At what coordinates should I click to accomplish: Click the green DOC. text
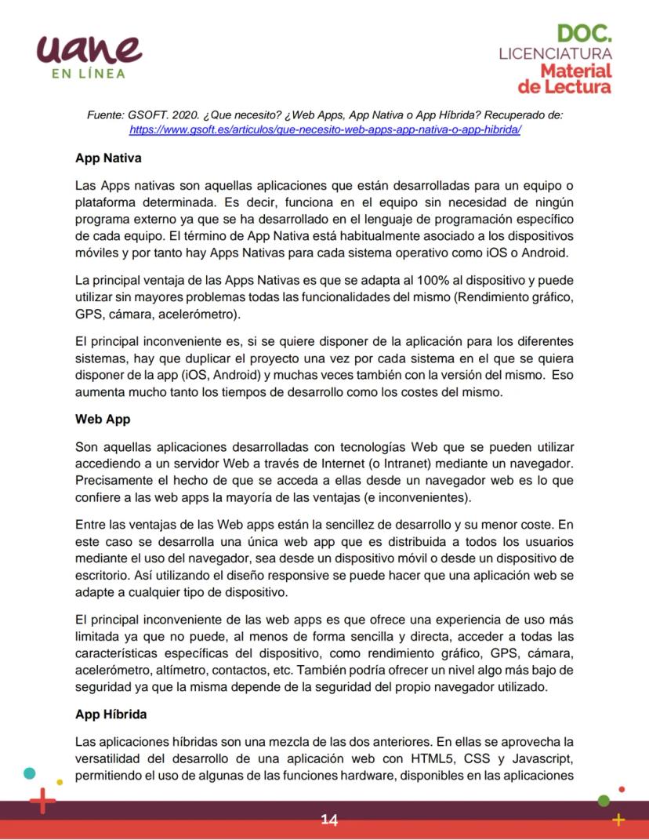pyautogui.click(x=584, y=34)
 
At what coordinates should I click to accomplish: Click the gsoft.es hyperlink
pyautogui.click(x=324, y=129)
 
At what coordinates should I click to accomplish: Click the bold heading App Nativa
pyautogui.click(x=108, y=158)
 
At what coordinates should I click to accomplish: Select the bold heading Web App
pyautogui.click(x=103, y=419)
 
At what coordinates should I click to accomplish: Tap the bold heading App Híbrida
pyautogui.click(x=111, y=715)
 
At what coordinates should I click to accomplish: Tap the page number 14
pyautogui.click(x=329, y=820)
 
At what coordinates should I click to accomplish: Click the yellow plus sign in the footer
pyautogui.click(x=618, y=820)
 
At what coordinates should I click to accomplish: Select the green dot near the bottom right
pyautogui.click(x=604, y=801)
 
